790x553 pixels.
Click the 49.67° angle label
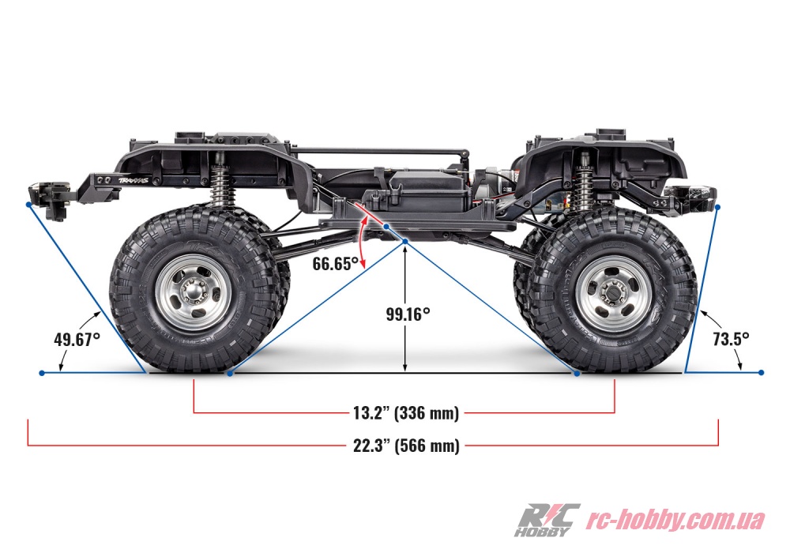(x=77, y=339)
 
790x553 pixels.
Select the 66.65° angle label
(x=336, y=263)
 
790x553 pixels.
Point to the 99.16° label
(x=408, y=314)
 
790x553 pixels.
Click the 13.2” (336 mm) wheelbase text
(x=406, y=413)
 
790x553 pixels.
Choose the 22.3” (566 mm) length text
(x=406, y=446)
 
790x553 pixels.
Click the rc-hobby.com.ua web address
(x=675, y=519)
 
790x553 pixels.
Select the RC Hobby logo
(x=546, y=520)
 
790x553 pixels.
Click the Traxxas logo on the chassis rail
(x=130, y=180)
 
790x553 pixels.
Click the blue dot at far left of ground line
(x=42, y=373)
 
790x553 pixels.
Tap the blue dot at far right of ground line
(x=762, y=373)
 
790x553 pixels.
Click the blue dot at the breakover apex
(x=405, y=243)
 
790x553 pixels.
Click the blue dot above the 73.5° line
(x=718, y=207)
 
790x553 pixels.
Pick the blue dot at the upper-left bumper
(x=28, y=205)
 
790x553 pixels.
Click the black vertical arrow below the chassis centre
(x=405, y=309)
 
